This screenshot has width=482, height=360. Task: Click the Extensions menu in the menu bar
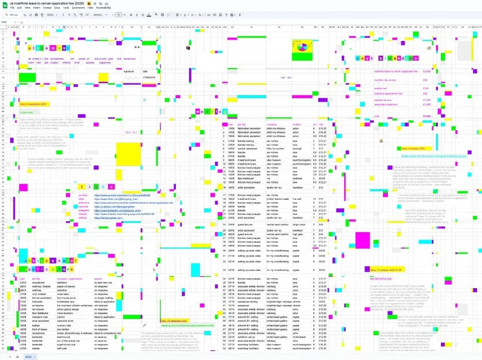click(78, 8)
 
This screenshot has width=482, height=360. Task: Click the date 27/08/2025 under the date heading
click(148, 78)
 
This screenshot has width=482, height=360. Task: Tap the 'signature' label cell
click(129, 71)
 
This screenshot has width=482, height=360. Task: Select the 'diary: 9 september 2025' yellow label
click(33, 104)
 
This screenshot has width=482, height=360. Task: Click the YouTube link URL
click(122, 195)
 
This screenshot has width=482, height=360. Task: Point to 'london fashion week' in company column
click(276, 199)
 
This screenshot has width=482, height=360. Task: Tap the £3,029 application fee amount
click(427, 71)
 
